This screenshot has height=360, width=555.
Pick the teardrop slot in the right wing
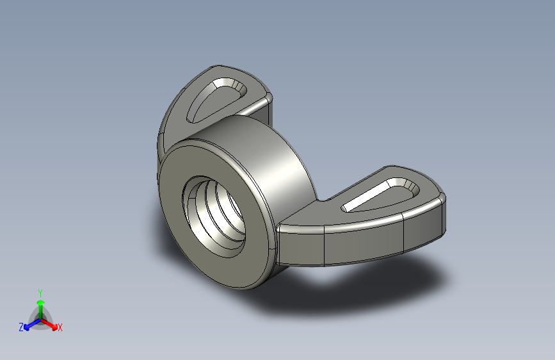[x=381, y=195]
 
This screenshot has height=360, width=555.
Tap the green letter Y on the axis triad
[x=40, y=292]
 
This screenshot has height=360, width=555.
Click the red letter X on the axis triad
[x=60, y=328]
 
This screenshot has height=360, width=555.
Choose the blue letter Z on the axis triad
[x=21, y=327]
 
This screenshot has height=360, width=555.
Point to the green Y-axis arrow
[x=40, y=304]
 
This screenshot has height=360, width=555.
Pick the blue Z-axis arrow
[x=29, y=325]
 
